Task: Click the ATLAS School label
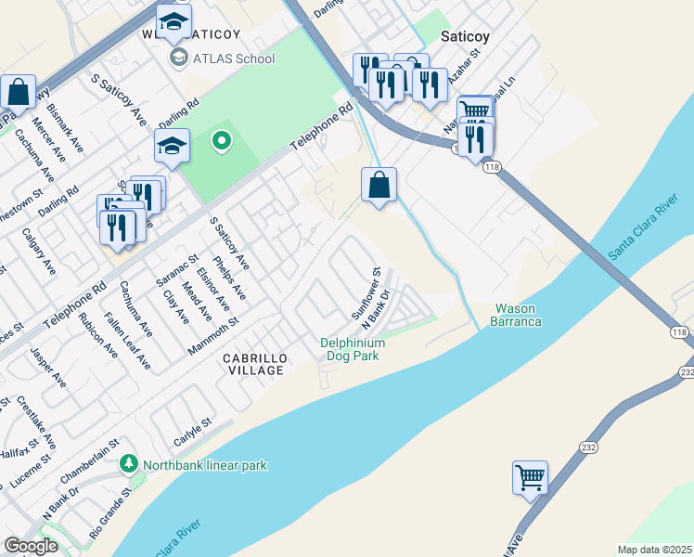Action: pos(234,58)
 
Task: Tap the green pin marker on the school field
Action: pos(221,141)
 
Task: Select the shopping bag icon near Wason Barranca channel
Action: pos(379,185)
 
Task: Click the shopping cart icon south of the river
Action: pos(530,478)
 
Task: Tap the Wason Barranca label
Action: pos(518,315)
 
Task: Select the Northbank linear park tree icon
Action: pos(128,462)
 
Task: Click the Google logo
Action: pos(32,546)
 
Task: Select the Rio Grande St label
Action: pos(112,521)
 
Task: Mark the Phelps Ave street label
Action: pos(229,278)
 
